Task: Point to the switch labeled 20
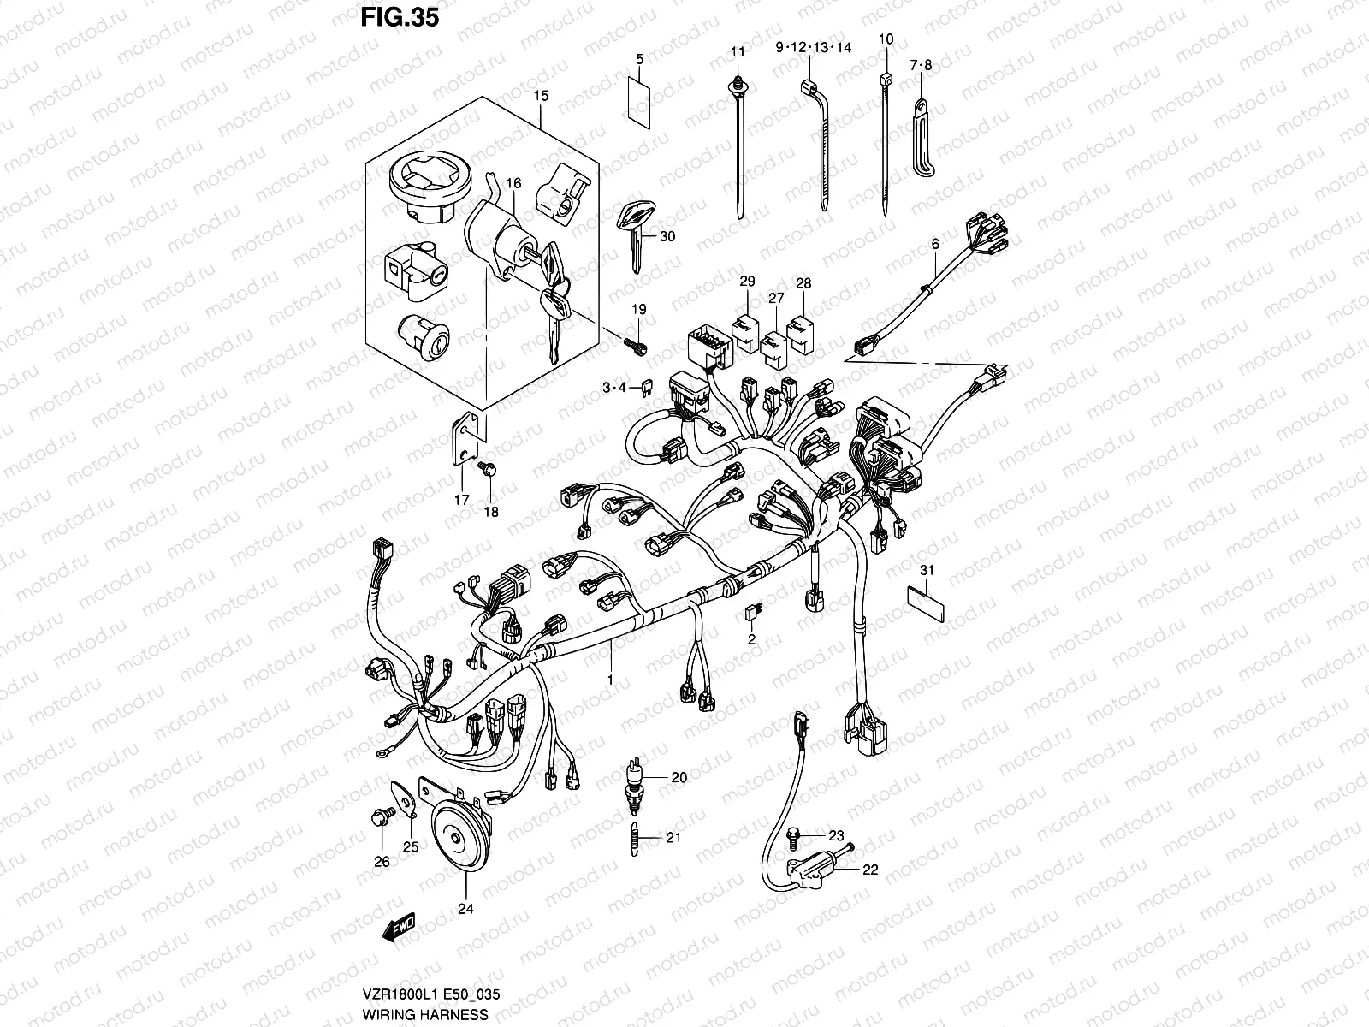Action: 633,779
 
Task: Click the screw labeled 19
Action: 637,345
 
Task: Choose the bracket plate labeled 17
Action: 463,440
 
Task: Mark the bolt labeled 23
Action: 793,834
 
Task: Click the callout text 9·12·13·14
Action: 814,49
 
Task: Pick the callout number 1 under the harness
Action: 611,679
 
